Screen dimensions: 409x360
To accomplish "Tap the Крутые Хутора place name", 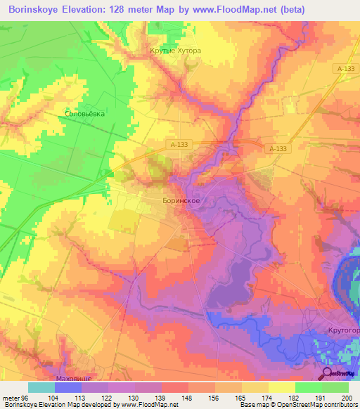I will tap(176, 51).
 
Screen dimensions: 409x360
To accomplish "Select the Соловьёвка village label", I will tap(84, 112).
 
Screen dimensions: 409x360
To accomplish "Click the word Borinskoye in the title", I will tap(38, 10).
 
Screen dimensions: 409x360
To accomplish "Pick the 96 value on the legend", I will tap(22, 397).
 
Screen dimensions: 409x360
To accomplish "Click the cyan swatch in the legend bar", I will tap(41, 387).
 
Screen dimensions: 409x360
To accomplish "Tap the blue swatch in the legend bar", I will tap(67, 387).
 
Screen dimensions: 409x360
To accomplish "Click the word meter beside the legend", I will tap(8, 397).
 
